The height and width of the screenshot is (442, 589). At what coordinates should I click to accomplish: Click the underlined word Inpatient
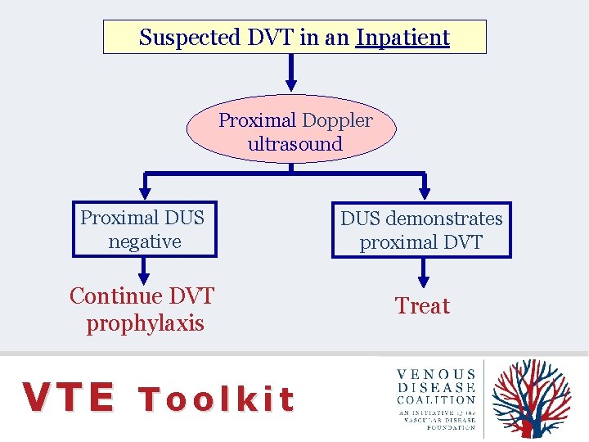(402, 38)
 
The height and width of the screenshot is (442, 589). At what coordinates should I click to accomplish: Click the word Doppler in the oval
(337, 120)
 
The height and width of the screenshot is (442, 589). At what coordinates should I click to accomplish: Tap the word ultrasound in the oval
(294, 144)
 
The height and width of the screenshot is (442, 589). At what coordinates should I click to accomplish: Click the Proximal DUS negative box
(145, 229)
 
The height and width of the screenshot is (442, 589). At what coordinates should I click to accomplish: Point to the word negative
(144, 241)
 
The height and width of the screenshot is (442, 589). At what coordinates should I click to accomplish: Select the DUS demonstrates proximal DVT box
(421, 230)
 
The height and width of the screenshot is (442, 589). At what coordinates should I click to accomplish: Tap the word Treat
(422, 306)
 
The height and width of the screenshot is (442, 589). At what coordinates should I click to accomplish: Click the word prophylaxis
(145, 323)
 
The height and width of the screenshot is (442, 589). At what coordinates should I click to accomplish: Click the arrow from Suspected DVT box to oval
(291, 74)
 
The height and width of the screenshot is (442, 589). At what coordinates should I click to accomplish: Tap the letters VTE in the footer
(69, 398)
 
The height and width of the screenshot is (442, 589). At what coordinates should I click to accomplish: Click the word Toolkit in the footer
(216, 399)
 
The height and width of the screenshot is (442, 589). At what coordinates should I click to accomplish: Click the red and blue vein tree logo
(532, 399)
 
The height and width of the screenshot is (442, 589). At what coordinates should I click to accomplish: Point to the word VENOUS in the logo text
(437, 375)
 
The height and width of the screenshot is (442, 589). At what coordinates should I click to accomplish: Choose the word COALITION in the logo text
(437, 400)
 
